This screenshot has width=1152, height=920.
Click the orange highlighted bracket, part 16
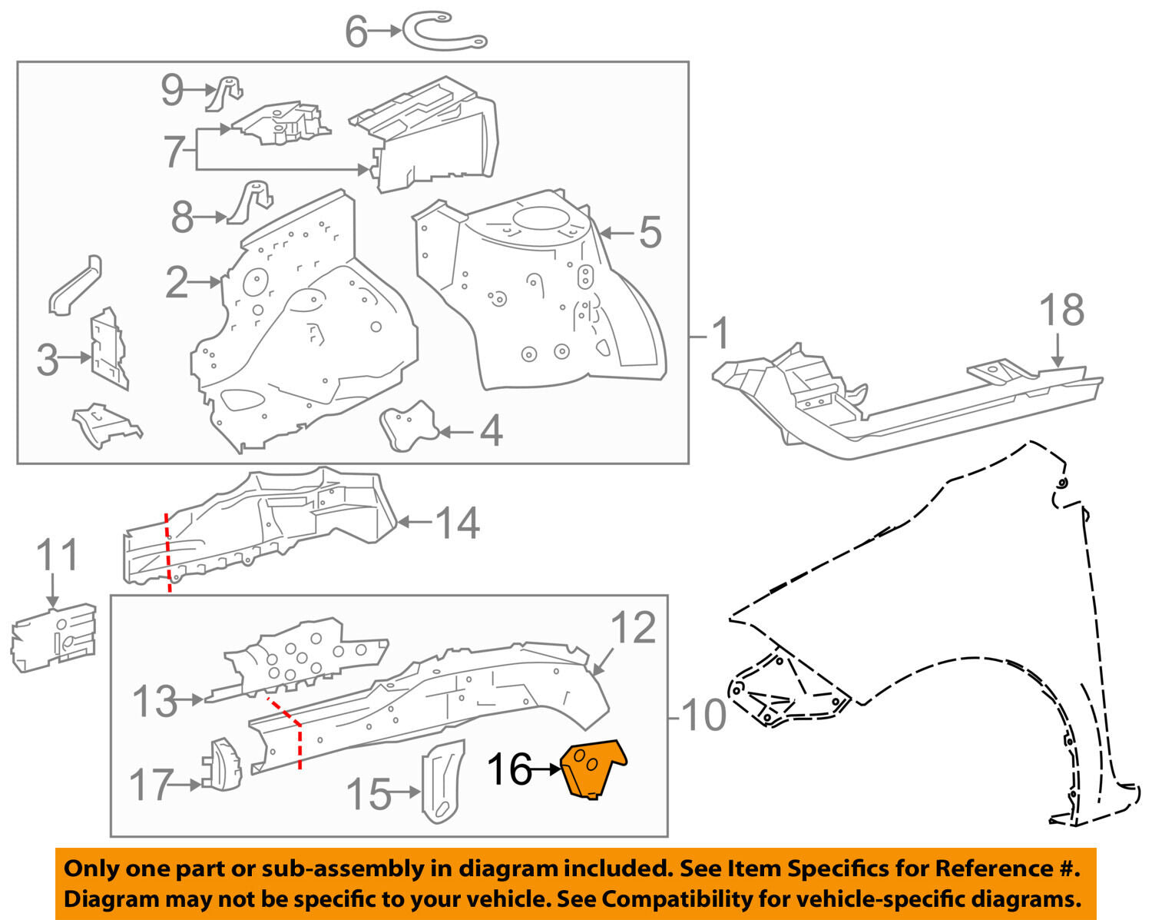593,769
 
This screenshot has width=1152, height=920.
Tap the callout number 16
509,769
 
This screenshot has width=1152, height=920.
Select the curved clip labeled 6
445,32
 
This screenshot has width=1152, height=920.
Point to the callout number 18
1061,311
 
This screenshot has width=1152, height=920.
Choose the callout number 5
650,232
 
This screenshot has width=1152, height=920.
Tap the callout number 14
458,523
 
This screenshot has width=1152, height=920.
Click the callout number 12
634,628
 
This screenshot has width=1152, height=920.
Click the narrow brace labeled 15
444,780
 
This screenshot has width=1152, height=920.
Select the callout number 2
177,283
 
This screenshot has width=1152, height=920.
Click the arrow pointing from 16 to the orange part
548,769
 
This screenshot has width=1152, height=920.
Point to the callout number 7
174,151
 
